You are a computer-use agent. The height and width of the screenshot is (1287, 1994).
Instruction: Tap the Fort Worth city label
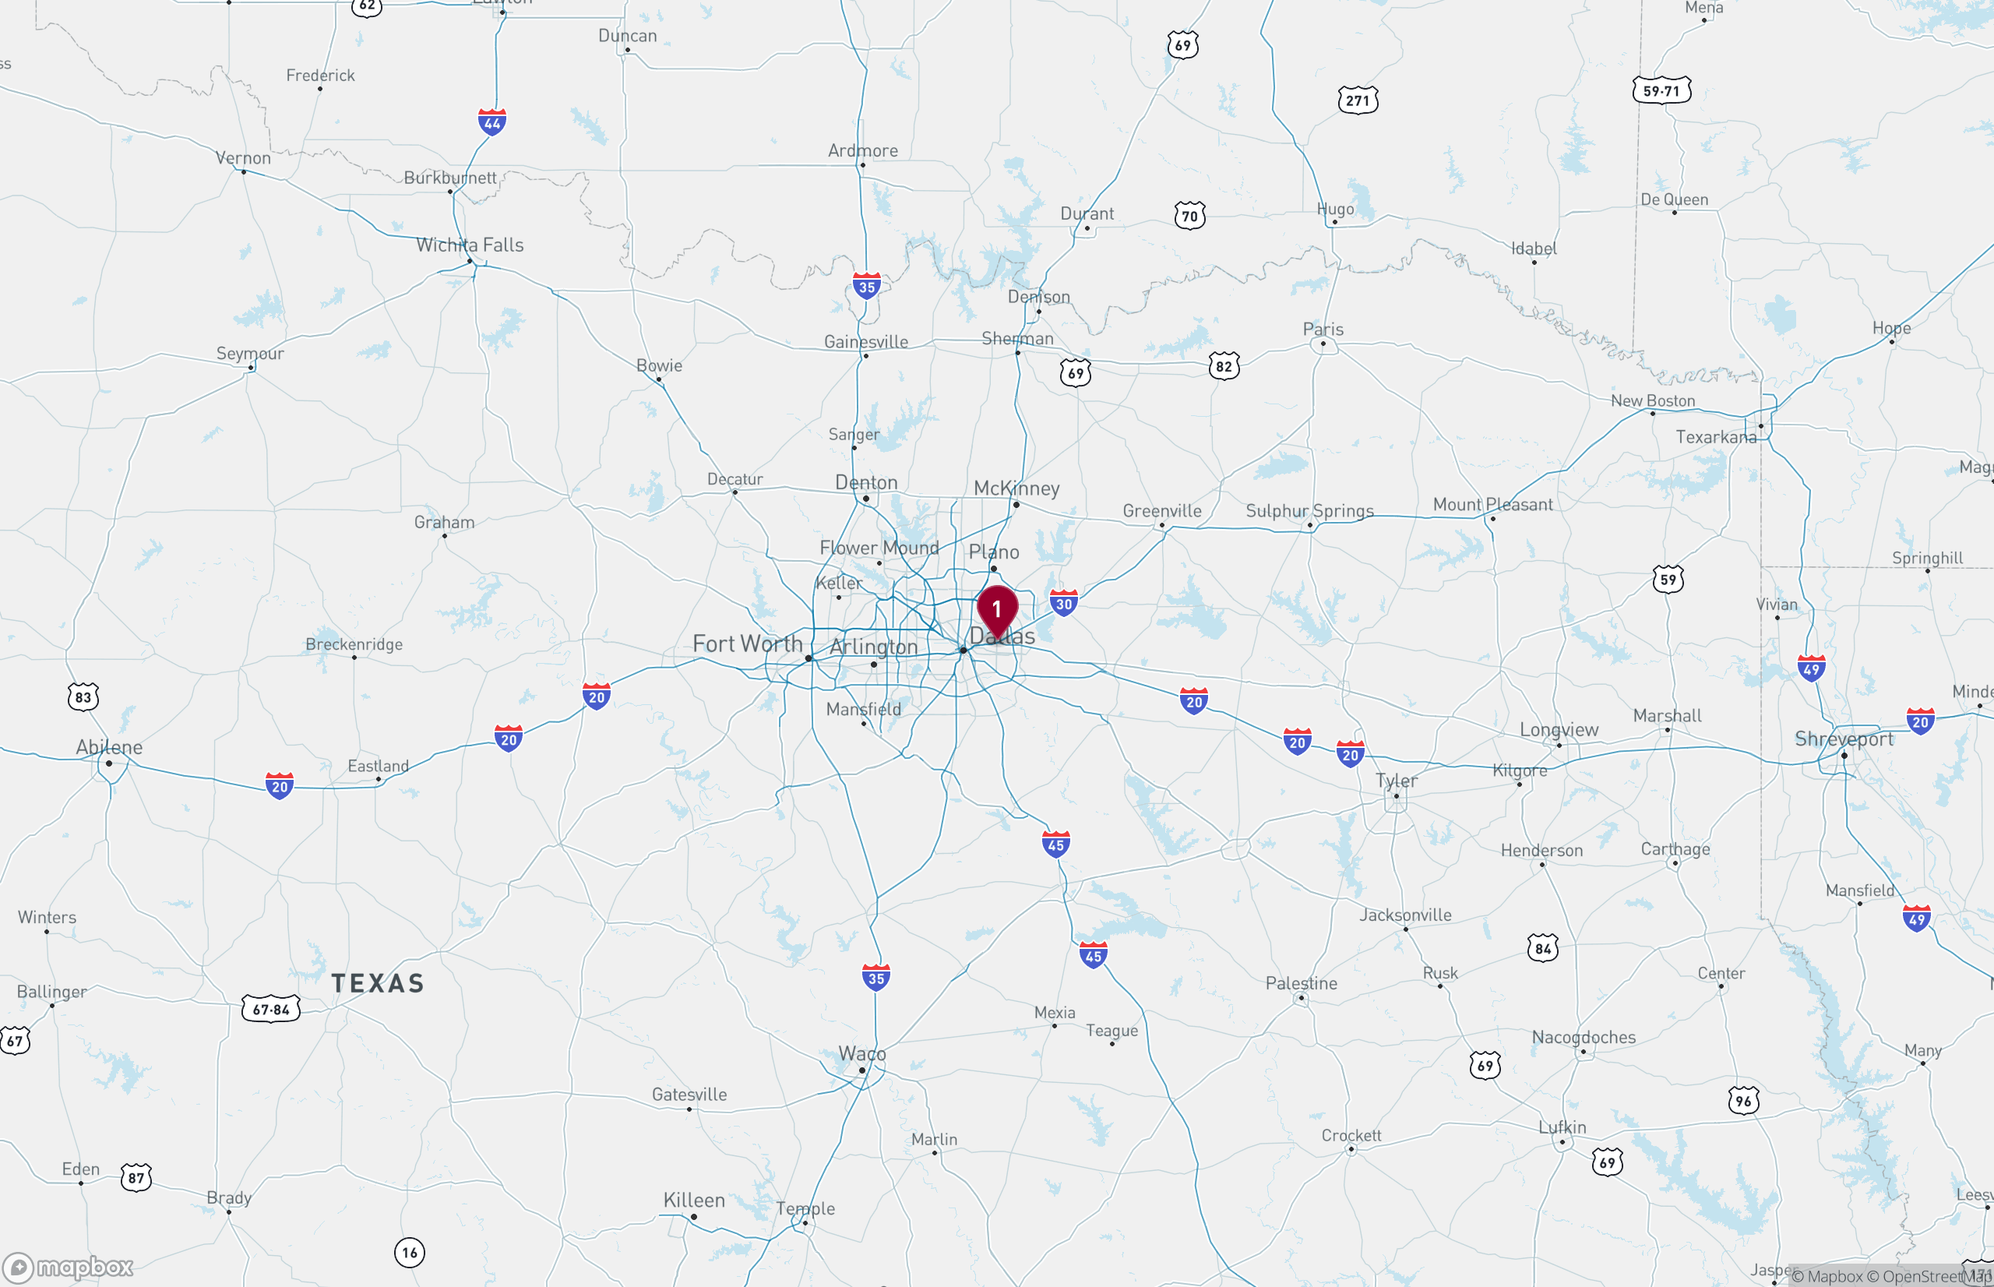[x=747, y=643]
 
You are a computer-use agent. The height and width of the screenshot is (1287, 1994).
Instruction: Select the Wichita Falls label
[x=470, y=245]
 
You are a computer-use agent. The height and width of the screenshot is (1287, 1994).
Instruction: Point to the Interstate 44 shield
[x=492, y=123]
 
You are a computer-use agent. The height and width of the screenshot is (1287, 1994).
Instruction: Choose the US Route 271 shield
[x=1358, y=101]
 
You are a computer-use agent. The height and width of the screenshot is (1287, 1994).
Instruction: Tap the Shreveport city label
[x=1844, y=739]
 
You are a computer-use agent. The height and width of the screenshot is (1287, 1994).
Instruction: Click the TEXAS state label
[x=378, y=984]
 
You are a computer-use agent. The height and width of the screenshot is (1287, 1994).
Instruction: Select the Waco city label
[x=862, y=1054]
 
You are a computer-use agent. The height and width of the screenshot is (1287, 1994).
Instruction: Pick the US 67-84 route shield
[x=270, y=1010]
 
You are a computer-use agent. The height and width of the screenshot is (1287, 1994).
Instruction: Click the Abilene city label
[x=109, y=747]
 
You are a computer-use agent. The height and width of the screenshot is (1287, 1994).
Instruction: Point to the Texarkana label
[x=1716, y=437]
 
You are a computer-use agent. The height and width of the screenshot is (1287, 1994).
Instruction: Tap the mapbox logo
[x=69, y=1268]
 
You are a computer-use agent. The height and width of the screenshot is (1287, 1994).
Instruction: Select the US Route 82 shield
[x=1224, y=366]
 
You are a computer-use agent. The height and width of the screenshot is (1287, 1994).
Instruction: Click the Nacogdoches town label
[x=1583, y=1037]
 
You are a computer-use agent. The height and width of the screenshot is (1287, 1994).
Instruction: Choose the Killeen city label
[x=693, y=1200]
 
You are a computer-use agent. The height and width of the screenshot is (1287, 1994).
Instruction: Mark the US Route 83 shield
[x=83, y=697]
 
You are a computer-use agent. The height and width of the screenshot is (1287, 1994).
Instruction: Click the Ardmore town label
[x=863, y=150]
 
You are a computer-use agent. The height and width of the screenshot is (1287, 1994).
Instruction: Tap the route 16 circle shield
[x=410, y=1252]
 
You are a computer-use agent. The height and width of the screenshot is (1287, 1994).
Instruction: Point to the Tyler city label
[x=1396, y=781]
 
